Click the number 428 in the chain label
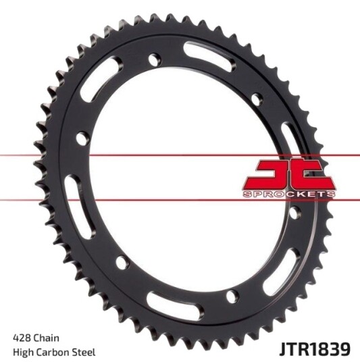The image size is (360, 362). click(x=22, y=338)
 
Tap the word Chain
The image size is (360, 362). click(x=47, y=338)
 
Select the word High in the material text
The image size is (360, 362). click(x=24, y=353)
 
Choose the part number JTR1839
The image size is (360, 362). click(x=315, y=349)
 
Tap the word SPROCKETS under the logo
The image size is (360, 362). click(x=289, y=195)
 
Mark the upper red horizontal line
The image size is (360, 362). click(x=180, y=155)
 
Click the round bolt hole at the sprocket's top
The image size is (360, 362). click(x=155, y=59)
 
